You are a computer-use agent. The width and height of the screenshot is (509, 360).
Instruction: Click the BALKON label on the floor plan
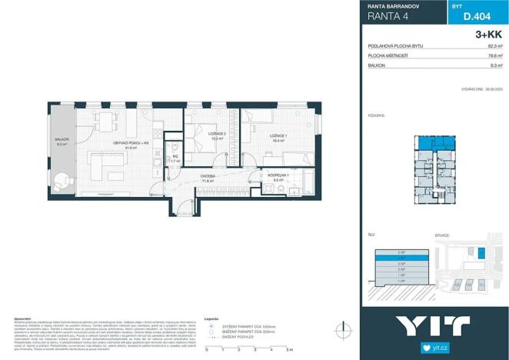(x=62, y=141)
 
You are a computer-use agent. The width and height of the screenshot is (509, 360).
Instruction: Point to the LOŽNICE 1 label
(x=278, y=138)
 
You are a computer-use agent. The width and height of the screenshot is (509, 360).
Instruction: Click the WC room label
(x=175, y=158)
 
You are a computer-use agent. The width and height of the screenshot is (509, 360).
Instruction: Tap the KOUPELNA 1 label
(x=277, y=176)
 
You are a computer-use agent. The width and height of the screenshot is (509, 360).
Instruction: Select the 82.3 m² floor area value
(x=494, y=47)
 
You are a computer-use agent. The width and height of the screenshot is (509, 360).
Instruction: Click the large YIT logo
(x=435, y=327)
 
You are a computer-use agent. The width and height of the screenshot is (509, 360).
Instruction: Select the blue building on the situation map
(x=482, y=253)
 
